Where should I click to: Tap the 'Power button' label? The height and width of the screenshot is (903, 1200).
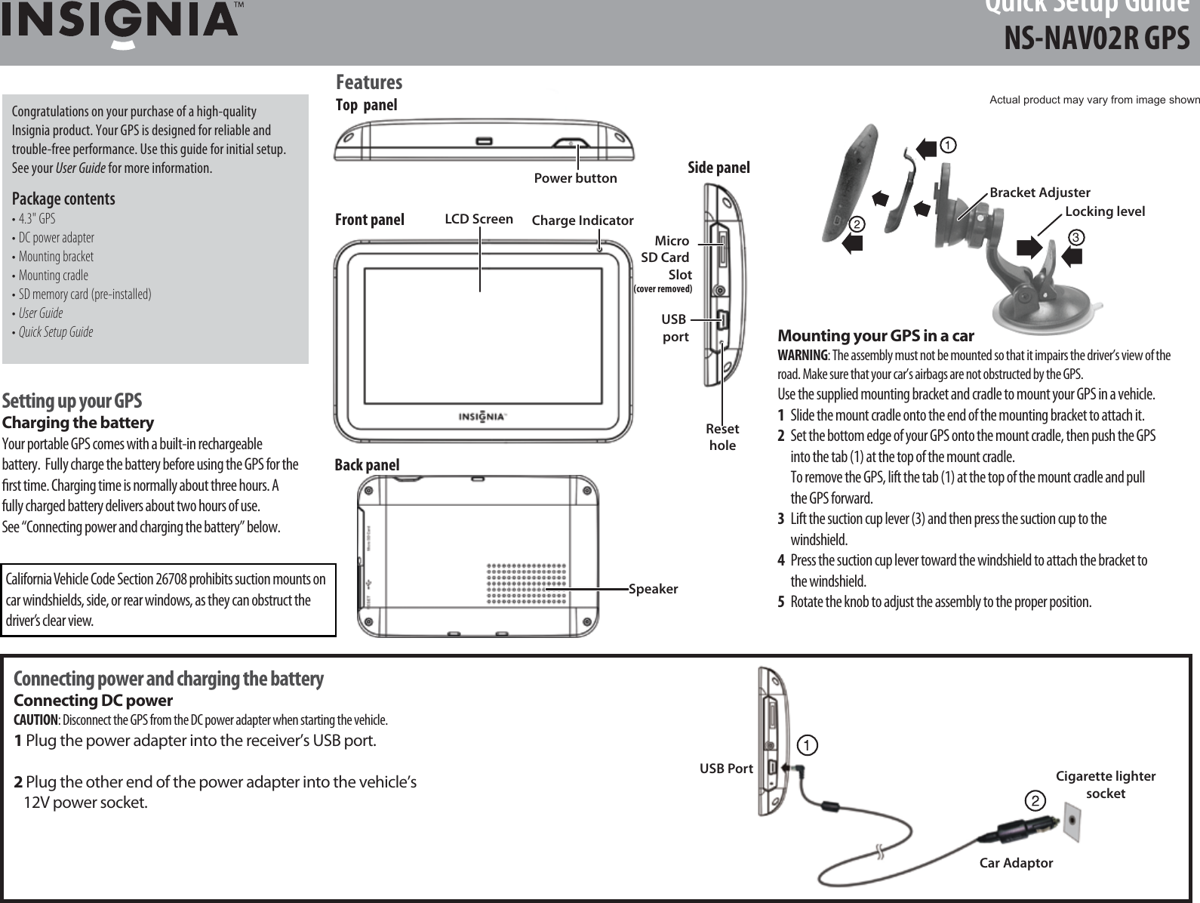point(575,179)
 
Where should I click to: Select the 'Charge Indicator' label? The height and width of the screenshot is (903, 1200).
point(582,220)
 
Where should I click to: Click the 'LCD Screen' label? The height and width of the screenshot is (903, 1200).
point(478,220)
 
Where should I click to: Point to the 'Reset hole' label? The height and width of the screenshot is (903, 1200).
point(722,437)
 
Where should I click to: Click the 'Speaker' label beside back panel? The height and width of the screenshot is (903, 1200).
point(654,588)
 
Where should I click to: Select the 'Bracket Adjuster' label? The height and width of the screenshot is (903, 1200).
point(1039,193)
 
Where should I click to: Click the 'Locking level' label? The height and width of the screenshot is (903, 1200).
point(1104,211)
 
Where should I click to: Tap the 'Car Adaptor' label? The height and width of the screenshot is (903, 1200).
point(1015,862)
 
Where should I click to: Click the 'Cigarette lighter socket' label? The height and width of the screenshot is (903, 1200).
point(1105,785)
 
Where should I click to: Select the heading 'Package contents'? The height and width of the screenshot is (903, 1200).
point(63,199)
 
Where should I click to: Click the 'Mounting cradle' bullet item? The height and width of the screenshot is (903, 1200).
point(53,276)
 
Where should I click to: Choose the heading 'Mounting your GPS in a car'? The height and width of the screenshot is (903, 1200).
point(875,336)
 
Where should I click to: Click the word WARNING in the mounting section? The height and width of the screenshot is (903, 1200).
point(802,356)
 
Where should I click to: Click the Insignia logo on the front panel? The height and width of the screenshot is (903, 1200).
point(483,418)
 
